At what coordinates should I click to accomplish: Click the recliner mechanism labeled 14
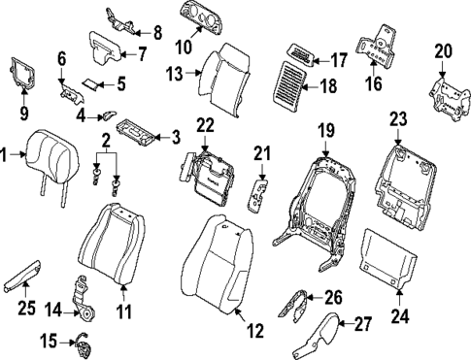point(88,297)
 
